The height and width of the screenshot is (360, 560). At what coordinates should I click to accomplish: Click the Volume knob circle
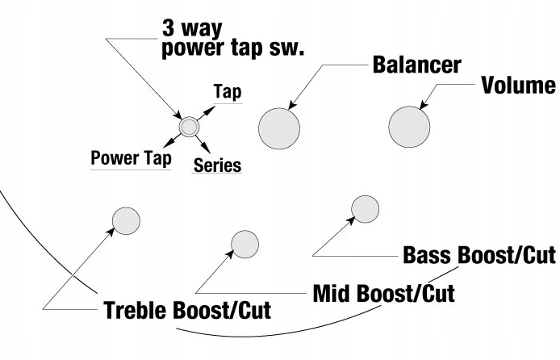[x=409, y=128]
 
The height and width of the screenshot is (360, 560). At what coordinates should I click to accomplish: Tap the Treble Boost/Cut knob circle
[x=126, y=220]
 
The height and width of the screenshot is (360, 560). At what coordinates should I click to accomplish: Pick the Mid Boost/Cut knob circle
[x=244, y=243]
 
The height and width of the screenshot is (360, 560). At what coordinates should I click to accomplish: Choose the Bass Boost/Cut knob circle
[x=365, y=208]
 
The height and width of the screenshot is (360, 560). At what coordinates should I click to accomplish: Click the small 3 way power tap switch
[x=189, y=127]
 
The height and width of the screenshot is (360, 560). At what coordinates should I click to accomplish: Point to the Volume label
[x=518, y=86]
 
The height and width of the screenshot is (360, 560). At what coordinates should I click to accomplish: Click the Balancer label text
[x=416, y=65]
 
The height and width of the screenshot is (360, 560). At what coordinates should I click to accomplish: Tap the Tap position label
[x=228, y=91]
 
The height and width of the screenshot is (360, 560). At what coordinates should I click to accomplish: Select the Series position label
[x=217, y=165]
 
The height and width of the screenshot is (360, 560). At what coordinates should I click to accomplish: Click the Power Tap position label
[x=131, y=157]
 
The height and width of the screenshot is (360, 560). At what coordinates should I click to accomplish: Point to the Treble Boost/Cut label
[x=187, y=310]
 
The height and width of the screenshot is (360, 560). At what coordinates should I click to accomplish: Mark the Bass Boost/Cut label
[x=479, y=256]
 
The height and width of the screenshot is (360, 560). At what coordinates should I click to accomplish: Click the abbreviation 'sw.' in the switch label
[x=286, y=46]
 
